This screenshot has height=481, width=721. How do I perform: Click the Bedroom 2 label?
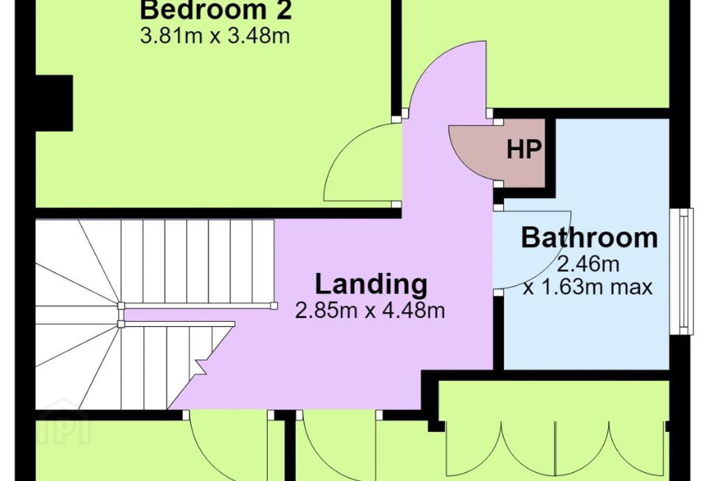coord(216,11)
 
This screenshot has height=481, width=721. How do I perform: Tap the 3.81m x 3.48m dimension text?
coord(215,36)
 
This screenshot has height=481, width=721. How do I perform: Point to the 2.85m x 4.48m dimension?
coord(370,311)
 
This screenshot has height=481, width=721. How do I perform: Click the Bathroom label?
coord(589,238)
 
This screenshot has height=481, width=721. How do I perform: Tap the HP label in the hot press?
coord(524,150)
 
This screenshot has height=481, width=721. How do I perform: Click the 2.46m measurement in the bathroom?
coord(588,264)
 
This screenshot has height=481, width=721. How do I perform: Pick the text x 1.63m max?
coord(588,288)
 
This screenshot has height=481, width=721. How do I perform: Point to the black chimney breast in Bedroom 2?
coord(54,103)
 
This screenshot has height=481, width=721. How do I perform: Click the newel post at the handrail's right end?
coord(274,306)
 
